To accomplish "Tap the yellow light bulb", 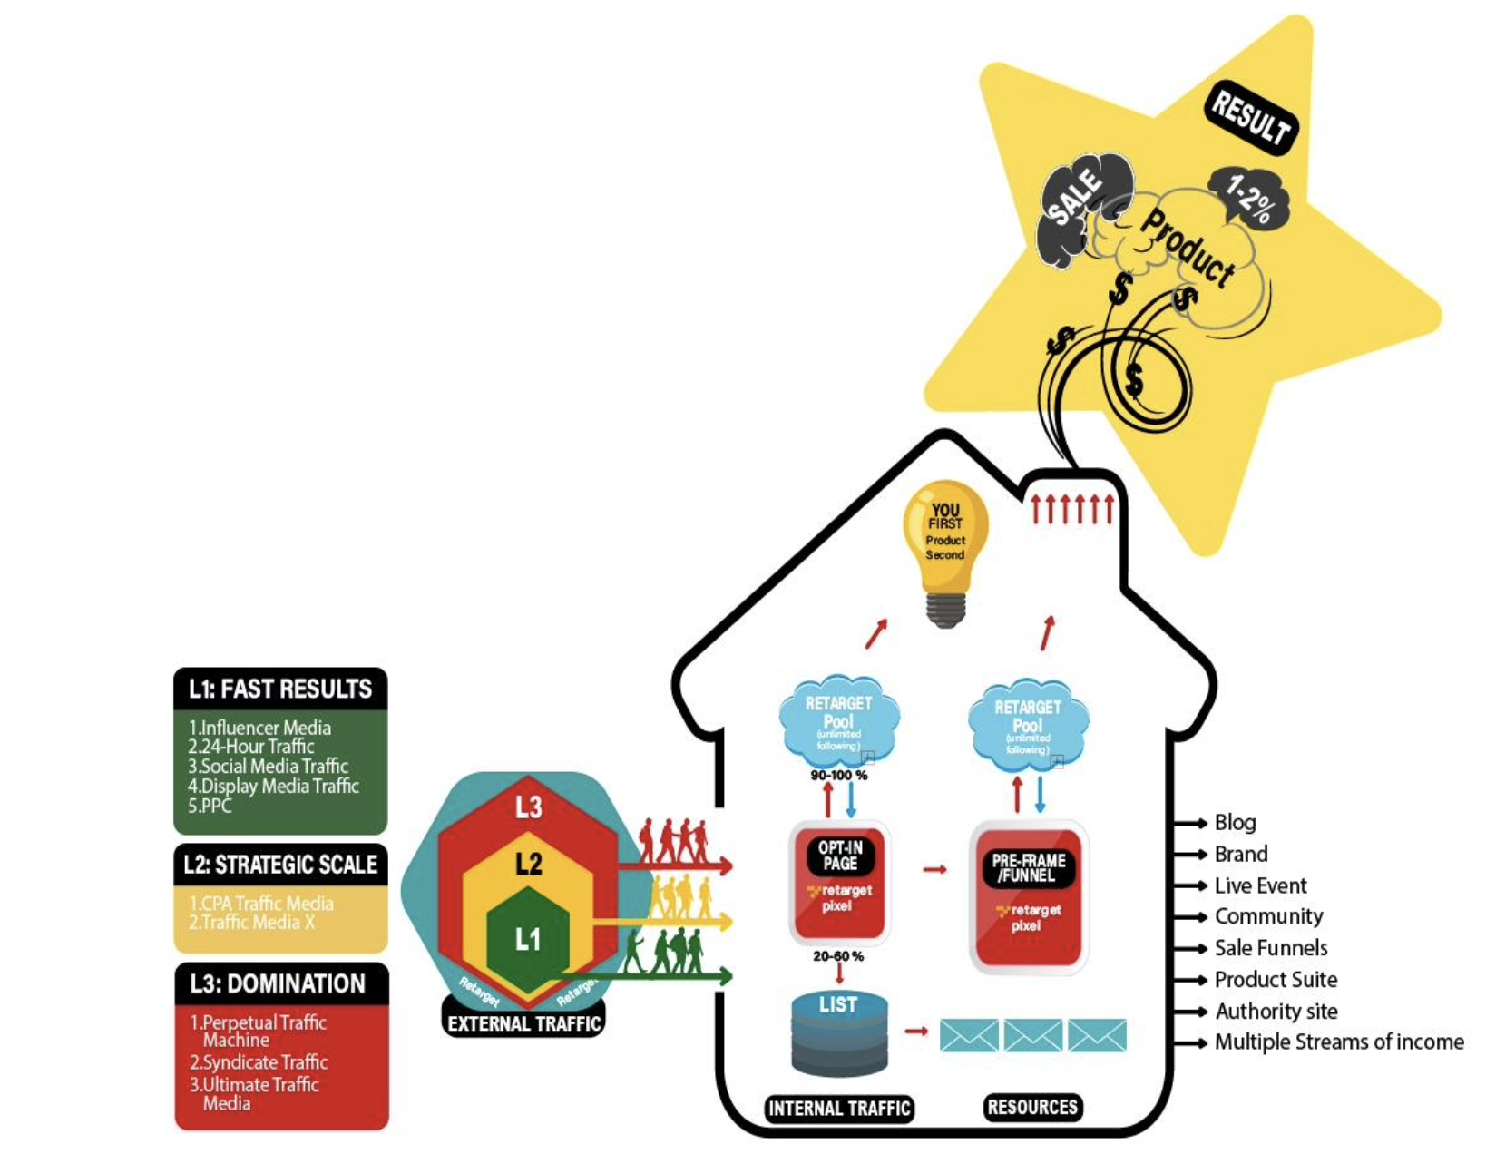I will click(x=944, y=544).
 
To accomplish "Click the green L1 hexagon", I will click(x=528, y=939).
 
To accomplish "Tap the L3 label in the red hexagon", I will click(x=528, y=807).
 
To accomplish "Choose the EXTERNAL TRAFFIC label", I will click(x=524, y=1023).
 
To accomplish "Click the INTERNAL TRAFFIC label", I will click(x=839, y=1108).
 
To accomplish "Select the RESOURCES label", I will click(x=1032, y=1107).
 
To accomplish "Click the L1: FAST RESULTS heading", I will click(x=280, y=689).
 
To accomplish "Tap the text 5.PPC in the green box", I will click(x=210, y=806).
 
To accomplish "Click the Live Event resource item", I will click(x=1260, y=885).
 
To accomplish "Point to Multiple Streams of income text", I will click(x=1338, y=1042).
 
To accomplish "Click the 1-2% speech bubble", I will click(x=1250, y=198).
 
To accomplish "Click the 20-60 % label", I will click(x=838, y=956).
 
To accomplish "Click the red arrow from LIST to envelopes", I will click(x=916, y=1032).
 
